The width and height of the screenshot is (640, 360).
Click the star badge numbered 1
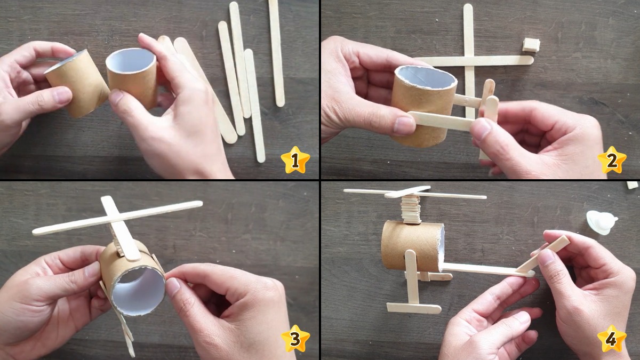[295, 160]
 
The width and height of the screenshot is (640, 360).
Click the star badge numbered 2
[611, 159]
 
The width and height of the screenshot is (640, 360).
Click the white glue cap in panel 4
[601, 222]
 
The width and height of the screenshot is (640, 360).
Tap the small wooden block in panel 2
[531, 45]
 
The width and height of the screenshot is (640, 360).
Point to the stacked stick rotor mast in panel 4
[411, 210]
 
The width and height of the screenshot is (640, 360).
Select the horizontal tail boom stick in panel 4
[480, 269]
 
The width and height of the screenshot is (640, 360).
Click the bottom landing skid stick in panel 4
[413, 308]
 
